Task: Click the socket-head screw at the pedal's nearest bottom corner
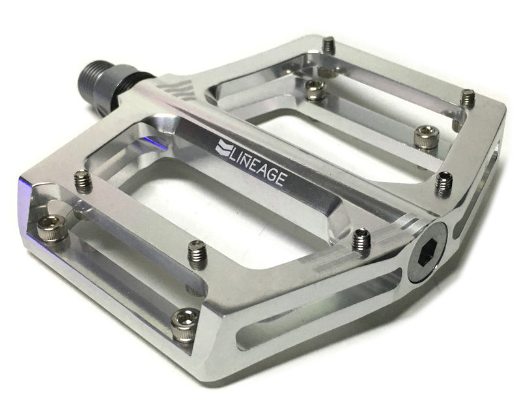coord(186,325)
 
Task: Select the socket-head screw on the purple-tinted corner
coord(52,228)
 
